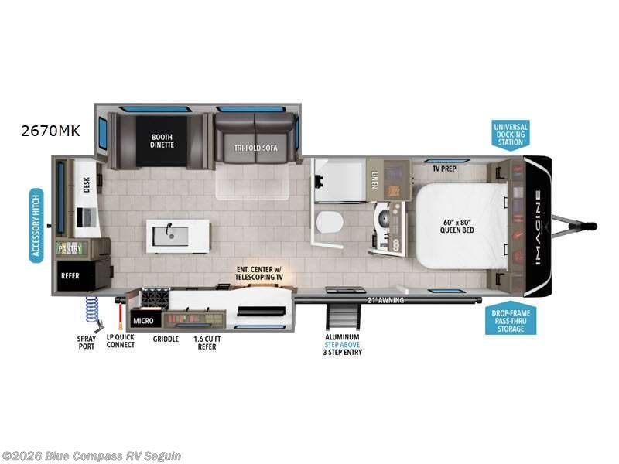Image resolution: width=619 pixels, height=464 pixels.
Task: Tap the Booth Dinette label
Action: tap(162, 140)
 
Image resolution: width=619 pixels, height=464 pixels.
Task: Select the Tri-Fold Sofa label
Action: tap(256, 148)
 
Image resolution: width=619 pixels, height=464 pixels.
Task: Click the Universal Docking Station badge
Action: tap(511, 134)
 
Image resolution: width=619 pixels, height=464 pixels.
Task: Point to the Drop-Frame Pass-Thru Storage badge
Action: tap(511, 321)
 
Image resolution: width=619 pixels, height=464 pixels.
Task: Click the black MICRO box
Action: tap(142, 319)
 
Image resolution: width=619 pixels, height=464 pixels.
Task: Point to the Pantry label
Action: tap(70, 249)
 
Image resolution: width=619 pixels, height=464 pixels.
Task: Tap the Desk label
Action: tap(87, 184)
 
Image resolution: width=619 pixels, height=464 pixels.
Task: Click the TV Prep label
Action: tap(443, 168)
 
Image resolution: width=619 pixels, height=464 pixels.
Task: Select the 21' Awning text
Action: tap(385, 300)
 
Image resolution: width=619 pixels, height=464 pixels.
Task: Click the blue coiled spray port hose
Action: tap(91, 311)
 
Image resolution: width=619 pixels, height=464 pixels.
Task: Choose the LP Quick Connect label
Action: tap(121, 341)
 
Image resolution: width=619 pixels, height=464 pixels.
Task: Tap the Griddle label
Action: tap(166, 339)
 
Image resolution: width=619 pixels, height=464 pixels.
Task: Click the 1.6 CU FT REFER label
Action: tap(205, 342)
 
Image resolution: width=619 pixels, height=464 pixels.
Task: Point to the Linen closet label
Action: tap(374, 179)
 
